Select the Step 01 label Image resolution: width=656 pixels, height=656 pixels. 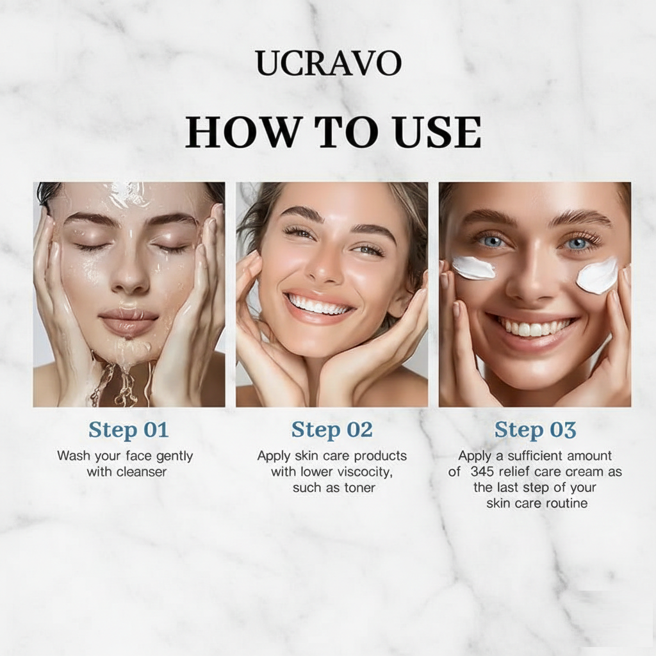point(128,430)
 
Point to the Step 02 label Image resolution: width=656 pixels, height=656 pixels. point(331,430)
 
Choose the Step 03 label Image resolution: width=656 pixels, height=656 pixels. point(535,430)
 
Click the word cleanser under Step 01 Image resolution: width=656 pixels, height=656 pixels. point(142,472)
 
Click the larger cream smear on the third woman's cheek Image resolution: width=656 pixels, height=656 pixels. point(596,275)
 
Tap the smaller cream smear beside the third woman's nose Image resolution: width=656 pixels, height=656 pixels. point(473,268)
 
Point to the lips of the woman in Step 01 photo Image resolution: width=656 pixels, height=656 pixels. point(128,320)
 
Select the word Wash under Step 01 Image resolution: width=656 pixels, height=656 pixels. point(72,457)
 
